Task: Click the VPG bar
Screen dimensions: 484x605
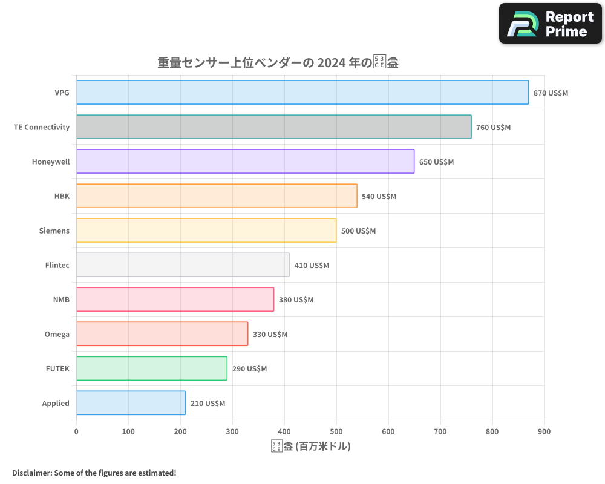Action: (302, 93)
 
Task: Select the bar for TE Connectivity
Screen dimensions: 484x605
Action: (273, 127)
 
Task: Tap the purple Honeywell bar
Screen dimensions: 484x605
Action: (245, 162)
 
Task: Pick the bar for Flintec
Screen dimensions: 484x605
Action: (183, 265)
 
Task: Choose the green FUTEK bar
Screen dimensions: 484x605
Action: (151, 368)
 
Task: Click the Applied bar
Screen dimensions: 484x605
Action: (131, 403)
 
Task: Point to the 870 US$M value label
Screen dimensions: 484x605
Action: (551, 93)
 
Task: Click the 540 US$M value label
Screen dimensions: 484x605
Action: (379, 197)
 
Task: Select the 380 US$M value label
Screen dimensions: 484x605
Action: (296, 300)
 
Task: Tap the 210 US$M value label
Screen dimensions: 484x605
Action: (208, 404)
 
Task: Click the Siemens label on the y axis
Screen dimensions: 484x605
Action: (54, 231)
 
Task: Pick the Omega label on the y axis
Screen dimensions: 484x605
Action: (57, 334)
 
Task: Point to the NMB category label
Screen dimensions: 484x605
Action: (61, 299)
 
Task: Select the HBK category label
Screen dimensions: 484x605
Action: (62, 196)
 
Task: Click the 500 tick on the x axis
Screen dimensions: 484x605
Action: (336, 431)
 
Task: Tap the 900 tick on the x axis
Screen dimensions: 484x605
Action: (544, 431)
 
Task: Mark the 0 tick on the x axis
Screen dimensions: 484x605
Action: (76, 431)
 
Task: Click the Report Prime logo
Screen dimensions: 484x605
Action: (551, 24)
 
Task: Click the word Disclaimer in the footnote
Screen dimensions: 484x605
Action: (31, 473)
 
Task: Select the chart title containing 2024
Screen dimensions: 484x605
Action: (278, 62)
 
